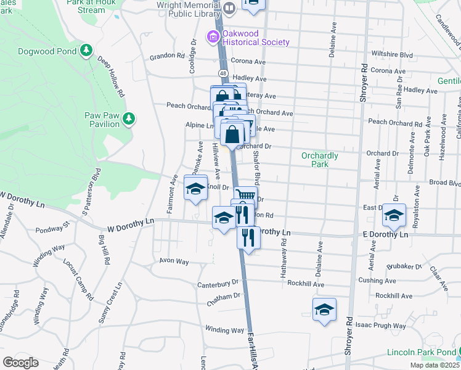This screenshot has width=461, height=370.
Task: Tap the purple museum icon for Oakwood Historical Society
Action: click(213, 38)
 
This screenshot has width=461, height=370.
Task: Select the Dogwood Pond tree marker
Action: click(87, 50)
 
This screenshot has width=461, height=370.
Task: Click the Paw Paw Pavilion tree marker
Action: click(129, 118)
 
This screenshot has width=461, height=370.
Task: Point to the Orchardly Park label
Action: click(319, 160)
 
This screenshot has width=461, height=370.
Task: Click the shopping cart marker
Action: click(245, 195)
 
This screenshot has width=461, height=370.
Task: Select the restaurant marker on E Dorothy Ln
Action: click(248, 236)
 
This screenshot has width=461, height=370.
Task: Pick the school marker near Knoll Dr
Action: click(195, 188)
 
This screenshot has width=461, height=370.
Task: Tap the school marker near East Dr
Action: click(393, 215)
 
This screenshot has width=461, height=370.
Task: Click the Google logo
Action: click(20, 362)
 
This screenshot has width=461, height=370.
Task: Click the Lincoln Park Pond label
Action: click(422, 352)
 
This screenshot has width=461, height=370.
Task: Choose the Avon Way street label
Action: click(173, 261)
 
